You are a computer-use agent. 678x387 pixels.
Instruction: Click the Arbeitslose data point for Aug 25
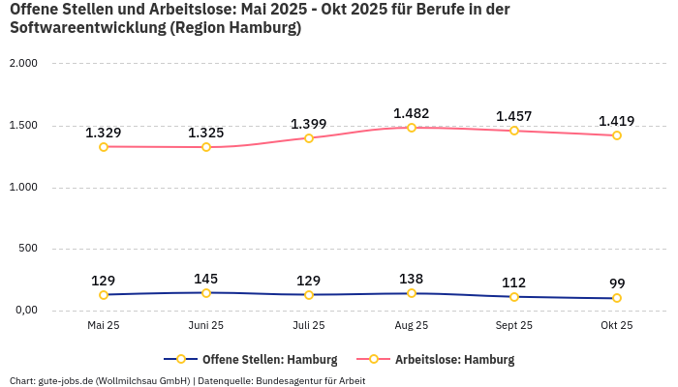tap(412, 128)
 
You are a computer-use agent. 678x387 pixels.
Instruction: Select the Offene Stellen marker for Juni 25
tap(206, 292)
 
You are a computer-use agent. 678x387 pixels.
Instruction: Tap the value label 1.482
tap(412, 113)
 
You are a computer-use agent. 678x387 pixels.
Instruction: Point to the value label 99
tap(617, 283)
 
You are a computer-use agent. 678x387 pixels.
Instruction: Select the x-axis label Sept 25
tap(514, 326)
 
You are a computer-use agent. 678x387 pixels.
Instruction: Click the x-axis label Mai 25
tap(104, 326)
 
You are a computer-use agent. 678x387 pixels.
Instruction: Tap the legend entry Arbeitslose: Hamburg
tap(454, 360)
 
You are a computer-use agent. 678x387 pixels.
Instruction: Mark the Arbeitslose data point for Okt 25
tap(617, 135)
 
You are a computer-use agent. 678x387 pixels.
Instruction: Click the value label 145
tap(206, 280)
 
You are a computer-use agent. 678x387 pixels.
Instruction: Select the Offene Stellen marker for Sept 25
tap(514, 297)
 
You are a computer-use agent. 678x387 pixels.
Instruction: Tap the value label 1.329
tap(104, 133)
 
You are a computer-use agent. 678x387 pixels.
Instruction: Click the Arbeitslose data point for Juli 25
tap(309, 138)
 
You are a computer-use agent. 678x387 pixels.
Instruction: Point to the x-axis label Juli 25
tap(309, 326)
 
